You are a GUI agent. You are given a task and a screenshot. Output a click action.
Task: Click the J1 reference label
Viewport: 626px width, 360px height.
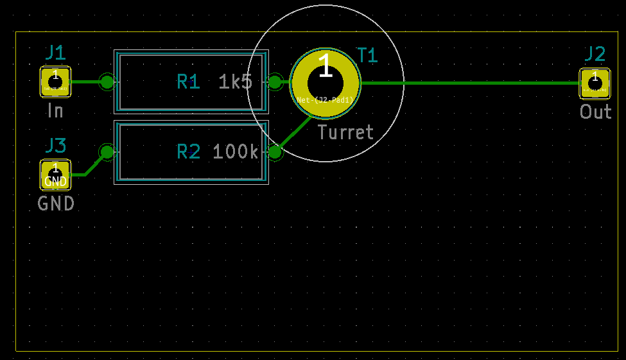click(x=55, y=53)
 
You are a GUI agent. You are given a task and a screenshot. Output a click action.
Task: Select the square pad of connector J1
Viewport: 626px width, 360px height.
click(x=55, y=81)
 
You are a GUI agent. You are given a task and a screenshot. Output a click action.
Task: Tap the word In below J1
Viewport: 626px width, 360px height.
click(x=55, y=111)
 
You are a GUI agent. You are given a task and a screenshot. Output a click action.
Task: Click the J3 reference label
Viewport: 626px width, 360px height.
click(x=55, y=146)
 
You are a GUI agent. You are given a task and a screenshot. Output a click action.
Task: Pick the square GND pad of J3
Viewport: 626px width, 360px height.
click(x=55, y=175)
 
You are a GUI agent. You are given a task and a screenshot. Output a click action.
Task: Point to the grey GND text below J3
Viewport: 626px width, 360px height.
click(x=56, y=204)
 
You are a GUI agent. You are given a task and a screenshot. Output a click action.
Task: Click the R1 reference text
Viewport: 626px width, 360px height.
click(x=188, y=81)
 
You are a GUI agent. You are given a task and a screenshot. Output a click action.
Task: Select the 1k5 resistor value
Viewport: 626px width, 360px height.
click(x=236, y=81)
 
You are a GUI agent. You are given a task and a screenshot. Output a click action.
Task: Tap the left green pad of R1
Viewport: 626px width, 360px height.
click(x=107, y=81)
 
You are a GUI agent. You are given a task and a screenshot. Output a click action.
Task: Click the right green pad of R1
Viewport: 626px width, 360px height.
click(x=275, y=81)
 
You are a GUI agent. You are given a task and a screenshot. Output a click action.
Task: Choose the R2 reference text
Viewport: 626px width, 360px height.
click(x=188, y=152)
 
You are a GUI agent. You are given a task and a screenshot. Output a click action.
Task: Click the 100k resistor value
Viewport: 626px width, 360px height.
click(x=236, y=152)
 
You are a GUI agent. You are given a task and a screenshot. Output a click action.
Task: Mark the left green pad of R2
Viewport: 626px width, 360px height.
click(x=107, y=152)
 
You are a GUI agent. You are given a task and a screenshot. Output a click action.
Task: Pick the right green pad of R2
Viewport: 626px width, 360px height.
click(x=275, y=152)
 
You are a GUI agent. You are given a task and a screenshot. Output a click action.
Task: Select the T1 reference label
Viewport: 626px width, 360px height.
click(x=367, y=56)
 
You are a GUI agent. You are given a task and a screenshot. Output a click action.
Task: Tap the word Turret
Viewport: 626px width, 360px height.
click(x=345, y=133)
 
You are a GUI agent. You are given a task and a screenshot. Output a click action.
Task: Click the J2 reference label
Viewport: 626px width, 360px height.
click(x=595, y=54)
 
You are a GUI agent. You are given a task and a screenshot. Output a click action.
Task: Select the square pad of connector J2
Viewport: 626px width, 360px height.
click(x=595, y=83)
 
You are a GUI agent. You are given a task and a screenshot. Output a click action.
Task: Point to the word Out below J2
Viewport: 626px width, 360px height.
click(x=595, y=112)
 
